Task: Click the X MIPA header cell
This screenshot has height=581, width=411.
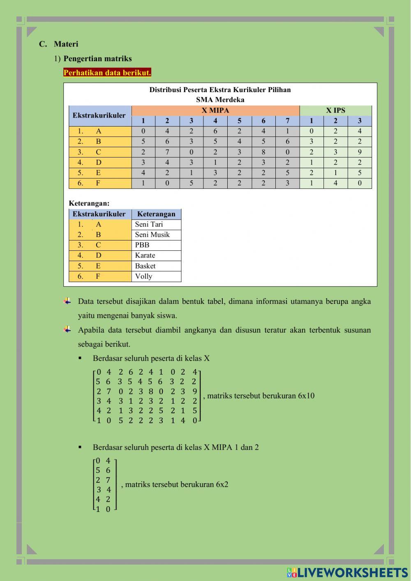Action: pos(215,110)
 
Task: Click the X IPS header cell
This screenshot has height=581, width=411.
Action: pos(335,110)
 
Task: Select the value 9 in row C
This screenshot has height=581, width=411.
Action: pos(359,152)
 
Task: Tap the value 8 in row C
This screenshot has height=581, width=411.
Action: pos(263,152)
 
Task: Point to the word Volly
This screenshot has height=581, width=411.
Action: pos(143,276)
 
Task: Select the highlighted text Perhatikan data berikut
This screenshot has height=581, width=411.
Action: pos(107,73)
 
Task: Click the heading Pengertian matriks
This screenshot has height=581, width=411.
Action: pos(97,58)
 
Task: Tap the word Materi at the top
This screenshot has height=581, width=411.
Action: pos(66,44)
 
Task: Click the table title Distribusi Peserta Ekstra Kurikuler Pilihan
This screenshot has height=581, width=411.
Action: pos(220,90)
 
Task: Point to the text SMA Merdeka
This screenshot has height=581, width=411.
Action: pos(220,100)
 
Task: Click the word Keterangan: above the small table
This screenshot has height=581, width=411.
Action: pos(89,203)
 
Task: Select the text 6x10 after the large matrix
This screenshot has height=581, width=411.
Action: pos(306,396)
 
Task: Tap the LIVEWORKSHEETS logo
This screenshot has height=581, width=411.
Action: pos(347,572)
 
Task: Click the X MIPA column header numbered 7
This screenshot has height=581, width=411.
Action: pos(287,121)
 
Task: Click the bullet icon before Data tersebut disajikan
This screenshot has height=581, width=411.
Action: pos(67,301)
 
